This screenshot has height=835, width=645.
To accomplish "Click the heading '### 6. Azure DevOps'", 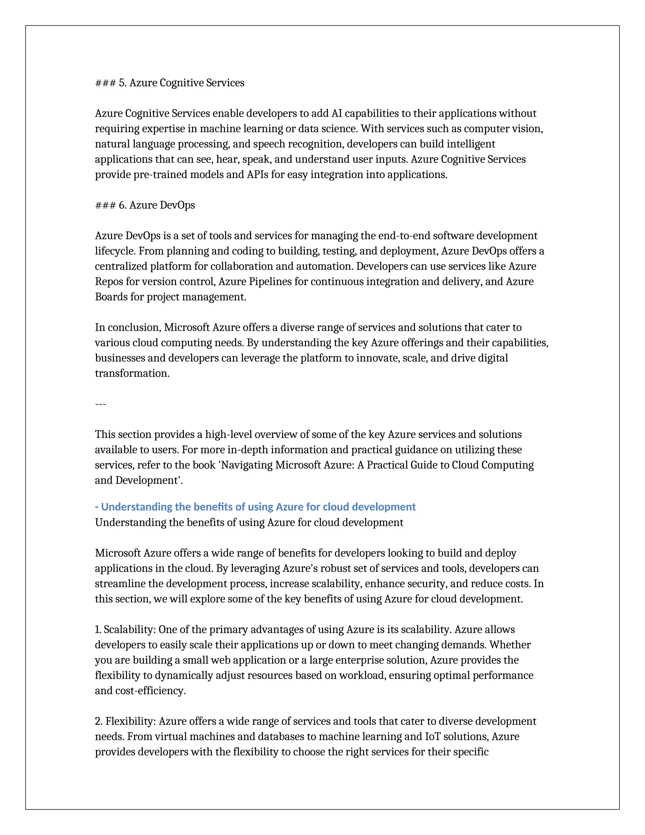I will (145, 205).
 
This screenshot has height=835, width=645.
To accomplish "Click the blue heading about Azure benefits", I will (255, 507).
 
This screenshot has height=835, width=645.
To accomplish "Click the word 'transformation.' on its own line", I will (132, 373).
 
